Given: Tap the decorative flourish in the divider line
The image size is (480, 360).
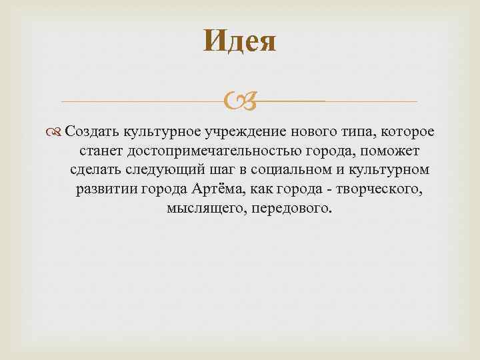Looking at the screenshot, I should [240, 102].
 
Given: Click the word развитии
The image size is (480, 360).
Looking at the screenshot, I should [105, 189].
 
